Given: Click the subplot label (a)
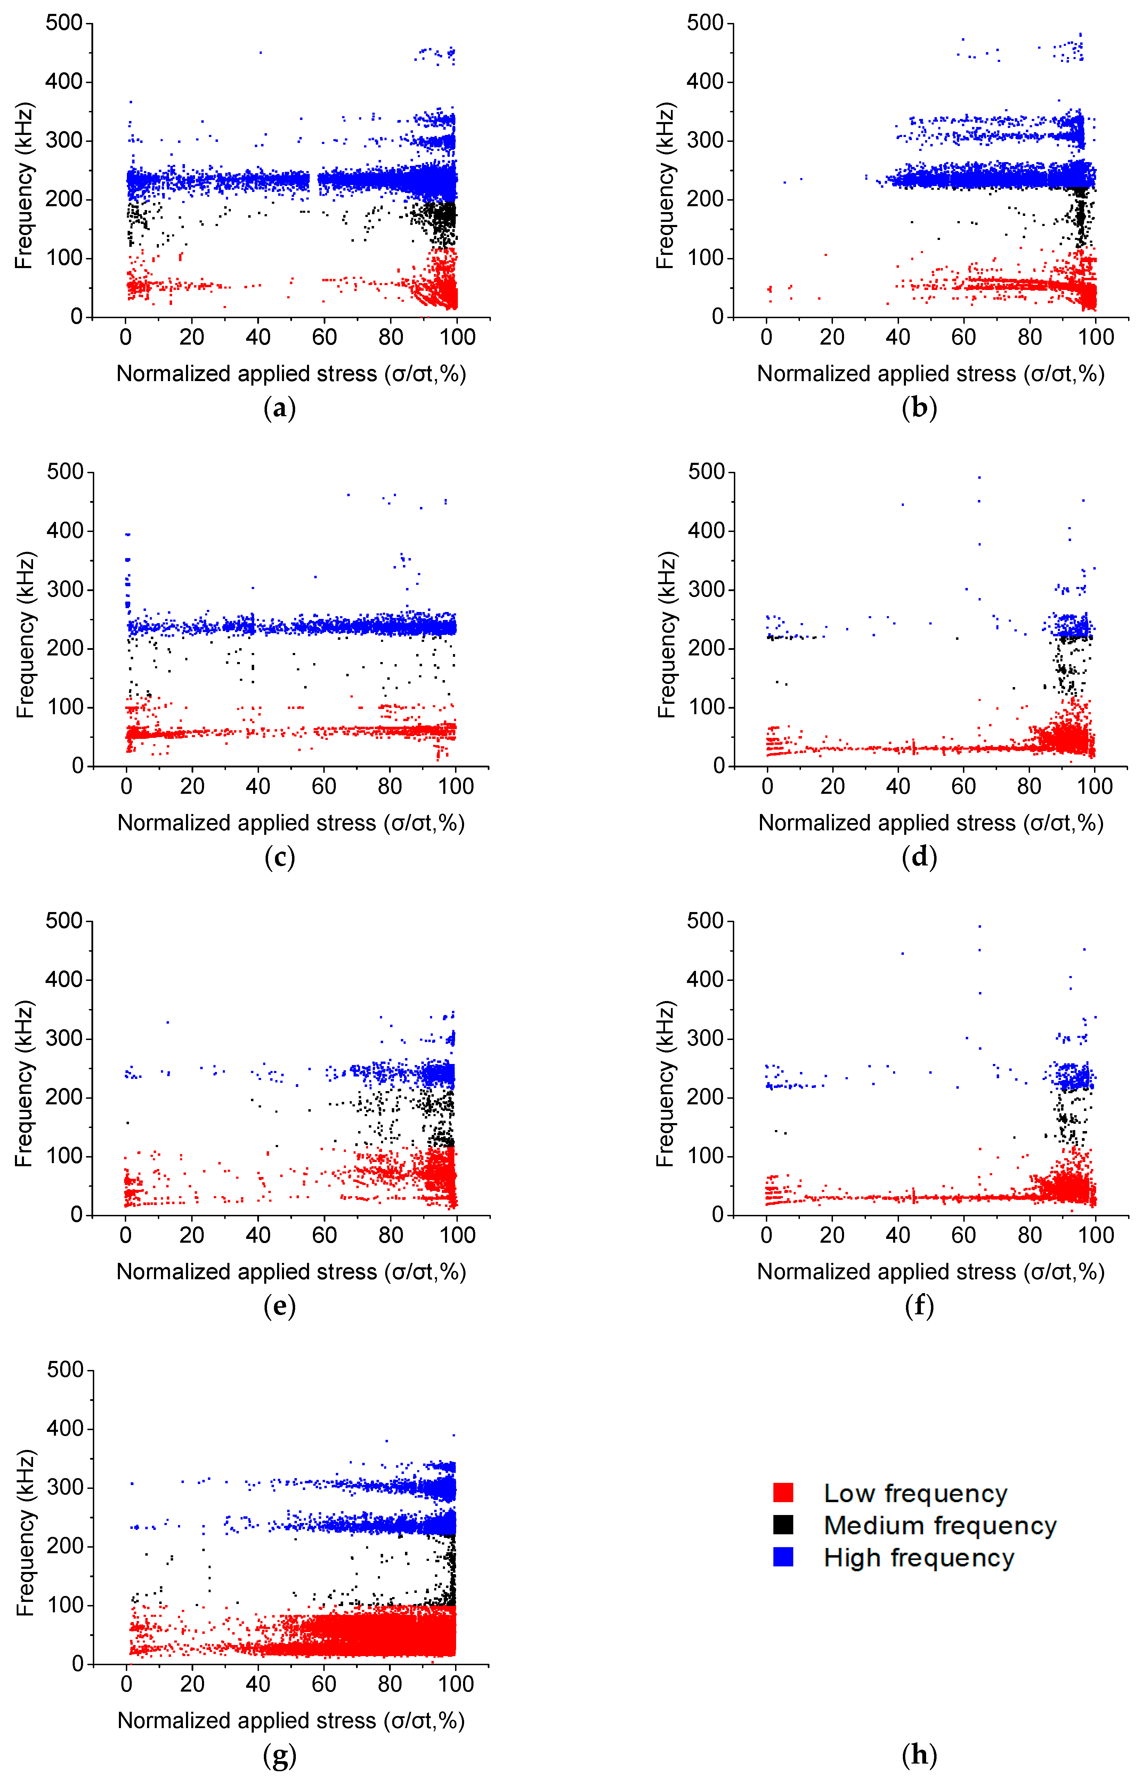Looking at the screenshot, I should (x=280, y=409).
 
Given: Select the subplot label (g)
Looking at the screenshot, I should (x=280, y=1755).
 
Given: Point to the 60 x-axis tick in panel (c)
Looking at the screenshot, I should (x=324, y=786).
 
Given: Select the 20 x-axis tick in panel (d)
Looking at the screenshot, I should (x=832, y=786).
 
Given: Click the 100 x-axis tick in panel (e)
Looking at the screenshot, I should (x=457, y=1235).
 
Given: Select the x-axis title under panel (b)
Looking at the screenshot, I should (x=931, y=374).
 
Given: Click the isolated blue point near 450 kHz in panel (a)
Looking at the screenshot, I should (x=260, y=53).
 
